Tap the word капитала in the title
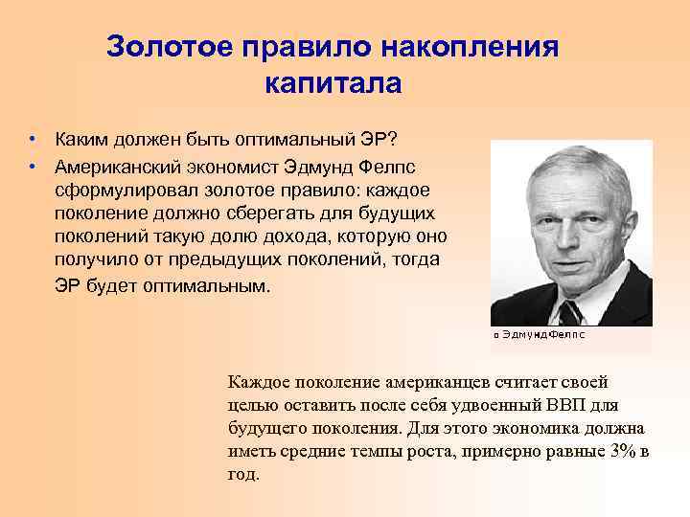pos(332,83)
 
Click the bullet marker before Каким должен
pos(33,141)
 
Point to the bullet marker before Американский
pos(33,166)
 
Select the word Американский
pos(119,166)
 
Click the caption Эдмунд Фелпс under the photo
pos(542,336)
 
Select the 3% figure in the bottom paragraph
pos(623,451)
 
